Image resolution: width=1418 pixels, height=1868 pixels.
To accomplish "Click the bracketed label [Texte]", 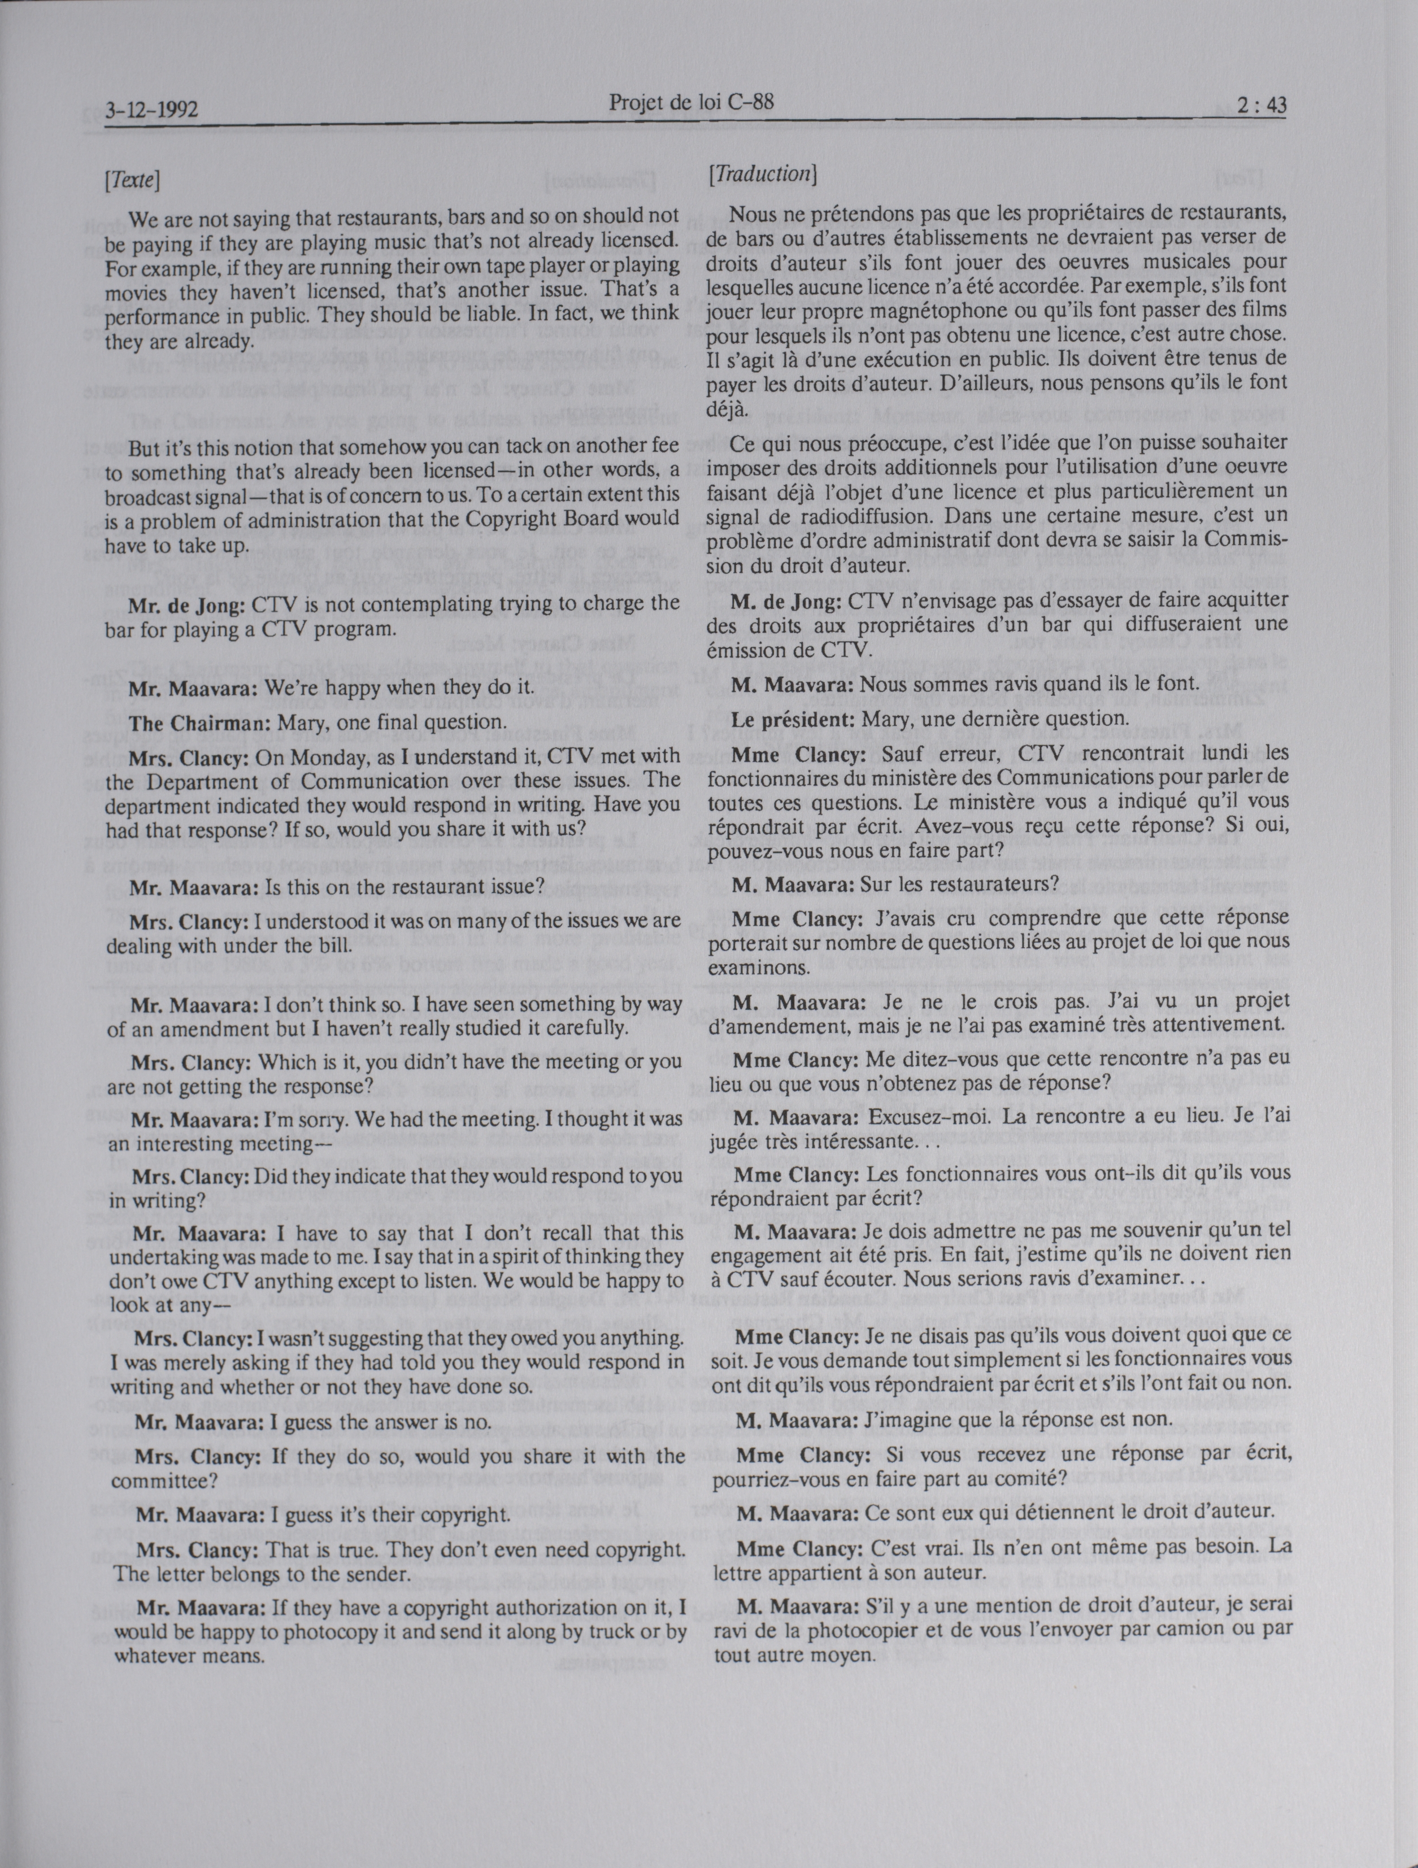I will [x=133, y=179].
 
